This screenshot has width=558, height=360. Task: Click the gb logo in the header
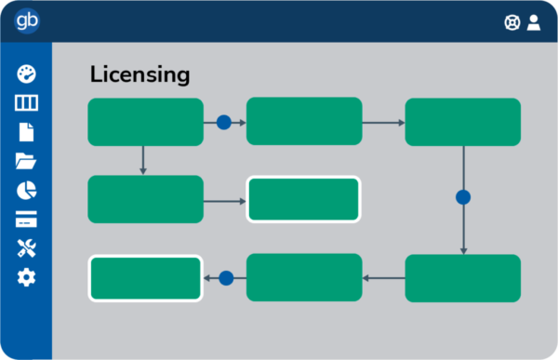(26, 21)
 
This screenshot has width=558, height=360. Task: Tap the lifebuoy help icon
(511, 22)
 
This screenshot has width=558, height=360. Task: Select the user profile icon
(534, 22)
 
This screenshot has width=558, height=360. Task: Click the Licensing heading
(139, 74)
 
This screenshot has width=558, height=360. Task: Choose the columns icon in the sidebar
(26, 103)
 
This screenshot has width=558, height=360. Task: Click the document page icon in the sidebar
(26, 132)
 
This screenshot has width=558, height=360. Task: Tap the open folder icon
(26, 162)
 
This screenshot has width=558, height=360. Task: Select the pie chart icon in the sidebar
(26, 191)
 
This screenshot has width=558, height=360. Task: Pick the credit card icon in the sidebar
(26, 220)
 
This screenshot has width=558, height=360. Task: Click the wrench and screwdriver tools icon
(26, 248)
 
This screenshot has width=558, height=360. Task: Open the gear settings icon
(26, 277)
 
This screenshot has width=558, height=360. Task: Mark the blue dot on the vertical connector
(463, 197)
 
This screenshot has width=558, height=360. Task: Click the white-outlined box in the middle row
(303, 199)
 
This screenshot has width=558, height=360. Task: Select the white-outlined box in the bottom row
(145, 278)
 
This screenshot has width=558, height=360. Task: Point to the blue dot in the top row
(223, 122)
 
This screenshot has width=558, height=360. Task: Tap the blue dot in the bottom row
(225, 277)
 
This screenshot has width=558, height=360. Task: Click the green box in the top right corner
(463, 122)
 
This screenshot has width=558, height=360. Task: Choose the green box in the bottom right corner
(463, 278)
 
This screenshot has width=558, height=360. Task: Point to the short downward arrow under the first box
(143, 160)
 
